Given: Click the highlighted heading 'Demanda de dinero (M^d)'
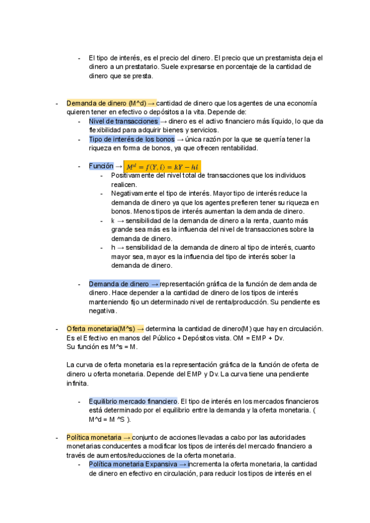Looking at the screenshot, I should (x=106, y=103).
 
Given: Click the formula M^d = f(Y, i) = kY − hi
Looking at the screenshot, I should (x=162, y=167).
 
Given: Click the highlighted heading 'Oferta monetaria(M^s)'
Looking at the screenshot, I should (x=101, y=329).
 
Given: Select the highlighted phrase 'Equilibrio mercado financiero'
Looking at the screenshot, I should (x=133, y=384).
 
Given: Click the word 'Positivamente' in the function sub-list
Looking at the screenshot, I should (x=132, y=176).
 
